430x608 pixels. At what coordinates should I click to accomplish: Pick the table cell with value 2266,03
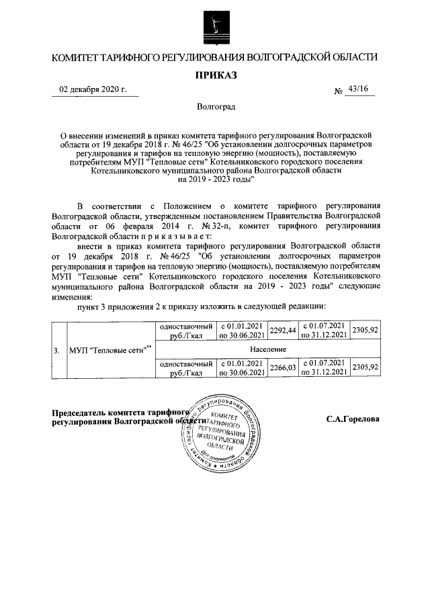click(282, 367)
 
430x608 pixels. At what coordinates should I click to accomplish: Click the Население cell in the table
click(268, 349)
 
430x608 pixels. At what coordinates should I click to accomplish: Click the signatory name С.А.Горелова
click(353, 419)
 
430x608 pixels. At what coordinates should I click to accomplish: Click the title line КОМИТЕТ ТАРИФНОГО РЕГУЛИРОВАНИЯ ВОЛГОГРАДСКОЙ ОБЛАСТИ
click(216, 59)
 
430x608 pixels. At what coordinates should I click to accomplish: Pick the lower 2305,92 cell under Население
click(365, 367)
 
